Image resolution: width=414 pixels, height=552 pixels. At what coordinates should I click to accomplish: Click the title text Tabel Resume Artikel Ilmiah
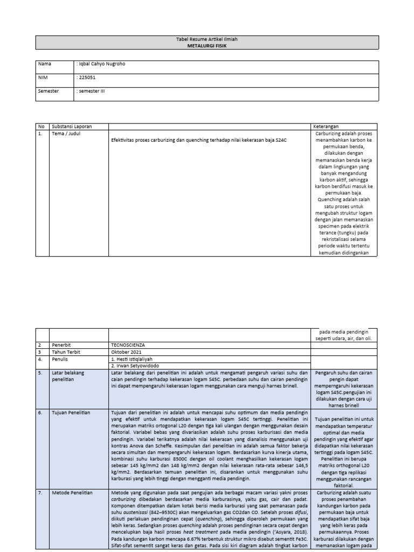[x=208, y=40]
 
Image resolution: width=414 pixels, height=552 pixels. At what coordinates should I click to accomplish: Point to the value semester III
[x=91, y=91]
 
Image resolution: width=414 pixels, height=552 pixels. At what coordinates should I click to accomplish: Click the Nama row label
[x=44, y=64]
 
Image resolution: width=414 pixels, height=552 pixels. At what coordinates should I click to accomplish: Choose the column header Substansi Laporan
[x=72, y=126]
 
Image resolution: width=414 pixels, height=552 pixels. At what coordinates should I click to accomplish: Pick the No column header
[x=41, y=126]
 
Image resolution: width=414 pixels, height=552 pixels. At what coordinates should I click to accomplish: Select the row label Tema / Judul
[x=66, y=133]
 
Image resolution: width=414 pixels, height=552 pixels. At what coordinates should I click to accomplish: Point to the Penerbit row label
[x=62, y=343]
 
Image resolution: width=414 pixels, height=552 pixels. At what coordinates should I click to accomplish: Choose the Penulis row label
[x=61, y=358]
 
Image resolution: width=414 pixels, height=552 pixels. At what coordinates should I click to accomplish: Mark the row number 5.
[x=40, y=372]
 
